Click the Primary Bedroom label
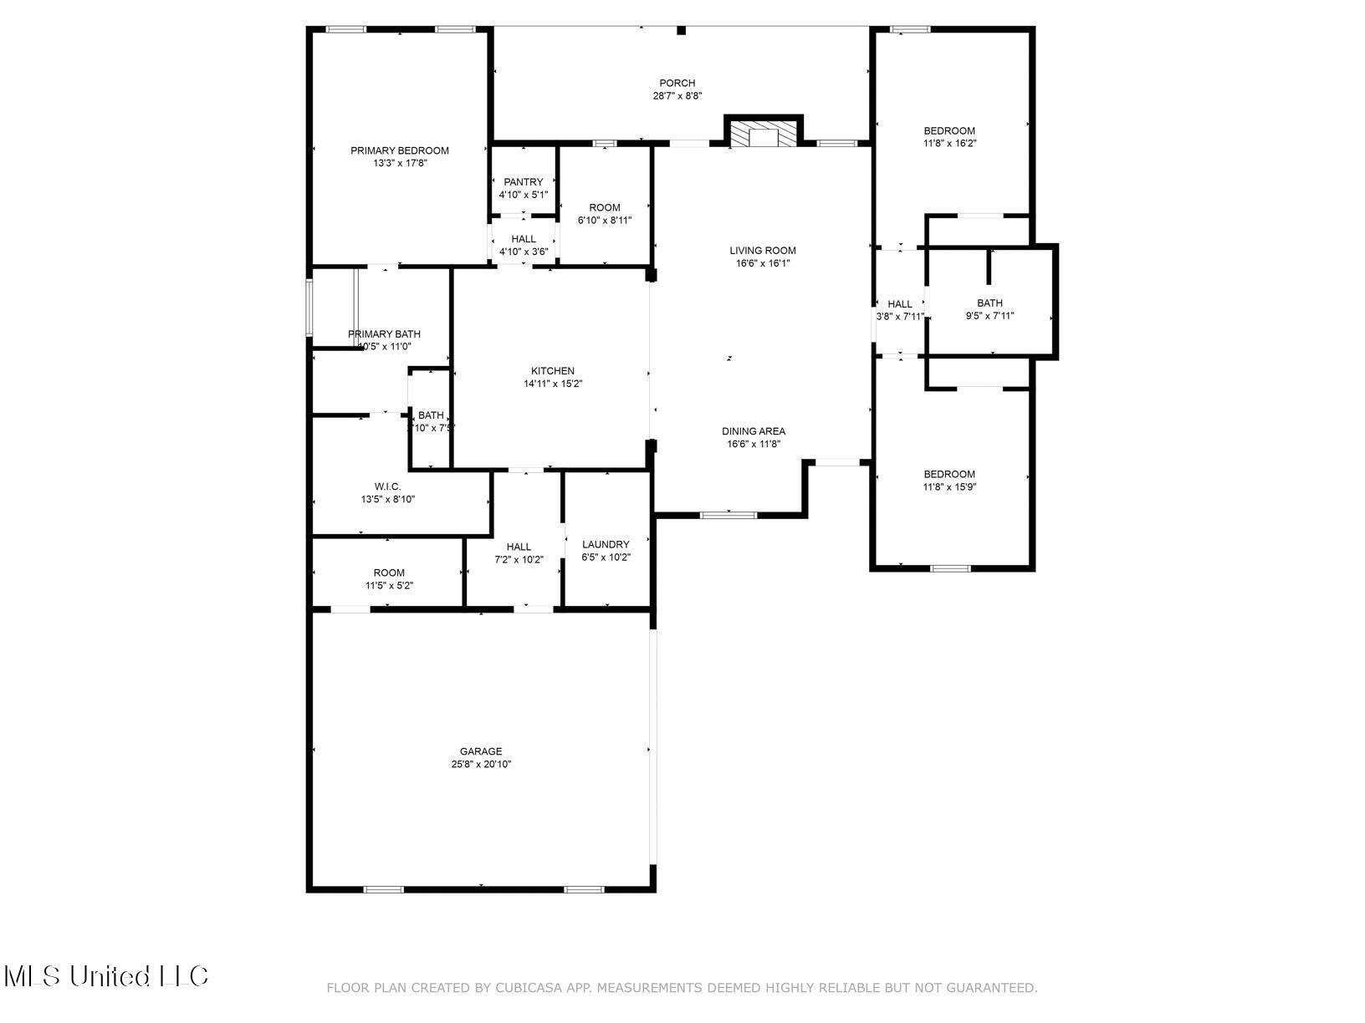(x=399, y=150)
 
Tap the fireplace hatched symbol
(x=762, y=135)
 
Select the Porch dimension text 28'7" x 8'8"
(x=677, y=96)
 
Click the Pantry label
(x=524, y=181)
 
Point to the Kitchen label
(x=553, y=371)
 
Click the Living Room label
(x=762, y=250)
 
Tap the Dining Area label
(x=754, y=431)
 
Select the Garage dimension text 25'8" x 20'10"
(x=481, y=764)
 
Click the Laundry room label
(x=606, y=544)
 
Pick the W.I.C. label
(x=388, y=486)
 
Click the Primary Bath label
(x=384, y=334)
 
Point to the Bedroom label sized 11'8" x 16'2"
(x=949, y=130)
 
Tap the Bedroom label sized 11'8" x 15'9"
(x=949, y=474)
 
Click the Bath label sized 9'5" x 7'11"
(x=989, y=303)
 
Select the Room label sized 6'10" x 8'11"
(x=605, y=207)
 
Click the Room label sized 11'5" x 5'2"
(x=389, y=573)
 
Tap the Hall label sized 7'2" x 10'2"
(x=519, y=547)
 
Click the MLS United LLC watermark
(x=106, y=975)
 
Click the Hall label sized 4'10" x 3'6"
(x=524, y=239)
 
